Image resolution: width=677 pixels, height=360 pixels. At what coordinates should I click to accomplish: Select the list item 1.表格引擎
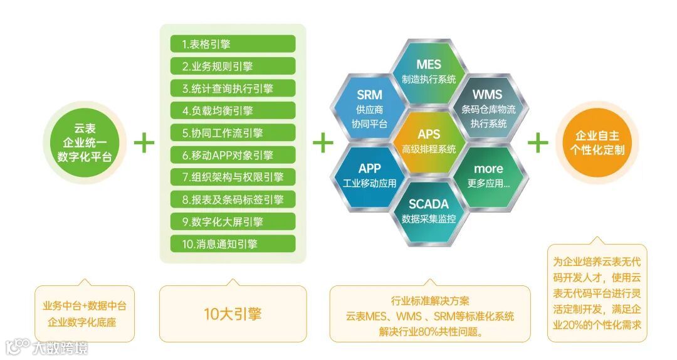[233, 44]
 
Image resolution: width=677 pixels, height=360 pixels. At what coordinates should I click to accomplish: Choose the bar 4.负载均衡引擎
[233, 110]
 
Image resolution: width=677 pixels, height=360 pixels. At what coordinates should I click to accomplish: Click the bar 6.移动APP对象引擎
[233, 155]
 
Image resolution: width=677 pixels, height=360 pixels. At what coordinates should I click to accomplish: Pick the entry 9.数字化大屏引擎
[233, 221]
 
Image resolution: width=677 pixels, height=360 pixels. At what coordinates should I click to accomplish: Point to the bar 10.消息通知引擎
[233, 243]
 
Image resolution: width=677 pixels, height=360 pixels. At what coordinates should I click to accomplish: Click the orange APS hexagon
[429, 141]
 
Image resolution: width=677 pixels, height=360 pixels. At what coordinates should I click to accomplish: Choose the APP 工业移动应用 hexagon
[369, 176]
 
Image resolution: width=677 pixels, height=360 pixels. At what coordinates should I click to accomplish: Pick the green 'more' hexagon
[488, 176]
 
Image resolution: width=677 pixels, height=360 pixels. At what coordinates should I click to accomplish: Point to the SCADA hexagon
[429, 210]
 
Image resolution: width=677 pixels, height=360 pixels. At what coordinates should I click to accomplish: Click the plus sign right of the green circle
[144, 143]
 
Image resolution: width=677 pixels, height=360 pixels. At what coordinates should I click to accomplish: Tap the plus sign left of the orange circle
[538, 143]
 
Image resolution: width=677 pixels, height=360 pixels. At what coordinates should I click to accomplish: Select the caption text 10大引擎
[233, 314]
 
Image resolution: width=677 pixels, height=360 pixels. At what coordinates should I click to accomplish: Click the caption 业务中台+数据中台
[85, 306]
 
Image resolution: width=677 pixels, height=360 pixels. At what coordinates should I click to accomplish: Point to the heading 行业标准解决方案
[429, 300]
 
